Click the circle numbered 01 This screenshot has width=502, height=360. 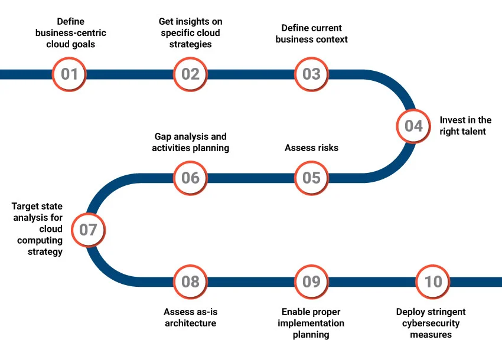(x=70, y=74)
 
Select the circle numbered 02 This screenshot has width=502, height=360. (x=190, y=74)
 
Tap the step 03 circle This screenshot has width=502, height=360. (x=311, y=74)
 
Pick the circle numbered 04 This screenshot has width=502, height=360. (x=413, y=126)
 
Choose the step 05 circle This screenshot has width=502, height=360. (x=311, y=178)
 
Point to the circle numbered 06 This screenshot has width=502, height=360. (x=190, y=178)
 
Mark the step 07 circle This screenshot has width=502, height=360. (x=88, y=230)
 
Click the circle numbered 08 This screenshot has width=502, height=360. (x=190, y=282)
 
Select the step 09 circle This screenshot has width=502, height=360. (x=311, y=282)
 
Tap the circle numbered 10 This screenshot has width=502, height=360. (x=433, y=282)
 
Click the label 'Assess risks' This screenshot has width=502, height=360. (x=311, y=148)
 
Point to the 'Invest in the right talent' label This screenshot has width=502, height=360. (x=465, y=126)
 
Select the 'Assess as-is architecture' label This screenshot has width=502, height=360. (x=190, y=318)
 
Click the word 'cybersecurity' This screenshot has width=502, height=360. (x=431, y=323)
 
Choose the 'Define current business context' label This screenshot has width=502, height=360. (x=311, y=34)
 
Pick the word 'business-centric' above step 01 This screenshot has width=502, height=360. (x=71, y=33)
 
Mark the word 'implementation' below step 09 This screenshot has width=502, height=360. (x=311, y=323)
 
